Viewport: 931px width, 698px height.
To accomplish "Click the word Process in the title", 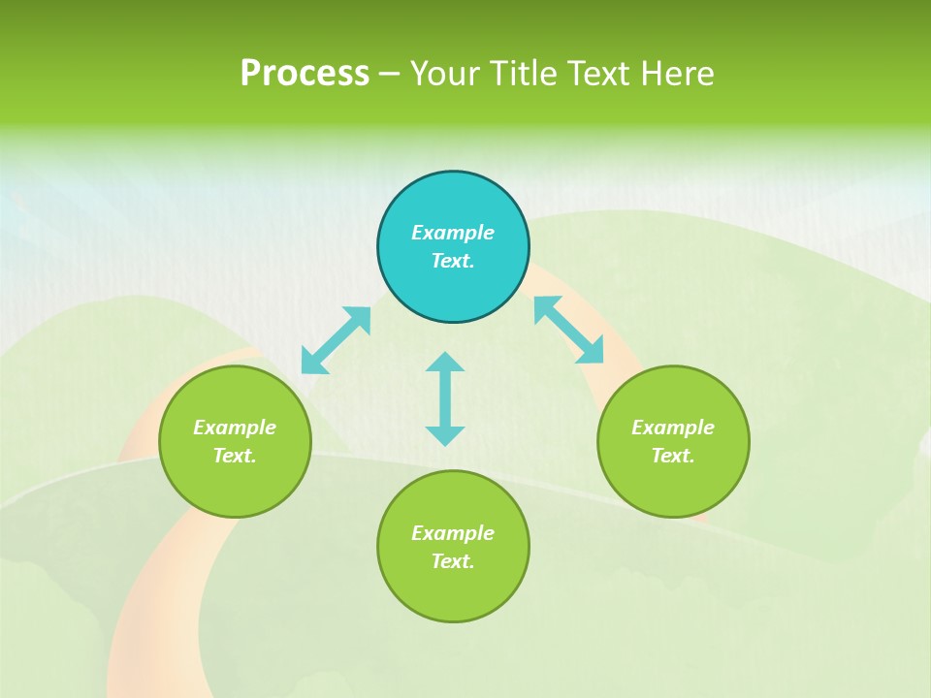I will coord(305,74).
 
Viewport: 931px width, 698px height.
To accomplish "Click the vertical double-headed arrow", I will coord(445,398).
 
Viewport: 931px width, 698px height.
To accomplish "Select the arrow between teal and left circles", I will coord(336,340).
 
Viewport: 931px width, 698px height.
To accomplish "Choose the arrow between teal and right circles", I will coord(569,330).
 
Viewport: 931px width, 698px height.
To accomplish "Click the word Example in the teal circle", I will coord(453,233).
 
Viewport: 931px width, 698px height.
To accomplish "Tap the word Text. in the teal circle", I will coord(453,261).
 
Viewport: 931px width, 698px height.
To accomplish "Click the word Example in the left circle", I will coord(235,428).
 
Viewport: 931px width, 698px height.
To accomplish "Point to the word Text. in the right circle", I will coord(673,456).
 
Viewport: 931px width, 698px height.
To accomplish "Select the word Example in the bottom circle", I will coord(453,533).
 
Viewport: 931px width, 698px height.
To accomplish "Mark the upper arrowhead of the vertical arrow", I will coord(445,363).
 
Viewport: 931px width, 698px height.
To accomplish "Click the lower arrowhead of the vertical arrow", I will coord(445,435).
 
